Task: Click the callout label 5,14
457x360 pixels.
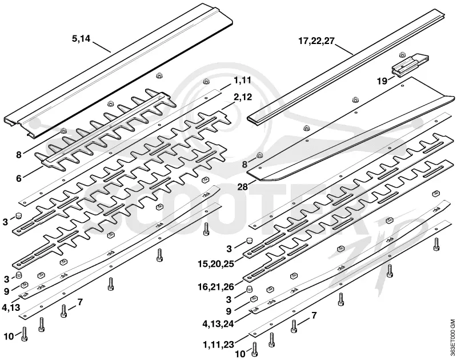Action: (81, 38)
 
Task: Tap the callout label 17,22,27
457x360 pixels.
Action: (316, 41)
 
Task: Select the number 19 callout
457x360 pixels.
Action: (382, 81)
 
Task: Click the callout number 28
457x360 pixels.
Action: (242, 186)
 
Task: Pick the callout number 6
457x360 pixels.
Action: (19, 178)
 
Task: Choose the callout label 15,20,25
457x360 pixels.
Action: (216, 265)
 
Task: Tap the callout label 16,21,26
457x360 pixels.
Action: (216, 287)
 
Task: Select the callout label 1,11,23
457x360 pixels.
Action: (219, 345)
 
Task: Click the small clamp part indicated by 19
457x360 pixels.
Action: (409, 66)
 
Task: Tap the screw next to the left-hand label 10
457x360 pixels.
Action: (24, 334)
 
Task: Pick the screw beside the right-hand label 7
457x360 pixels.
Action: (294, 326)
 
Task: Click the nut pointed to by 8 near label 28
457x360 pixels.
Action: (259, 155)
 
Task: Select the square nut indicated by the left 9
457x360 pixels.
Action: (24, 285)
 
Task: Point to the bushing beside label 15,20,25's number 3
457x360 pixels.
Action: (248, 241)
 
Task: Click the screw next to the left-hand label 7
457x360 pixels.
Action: (64, 311)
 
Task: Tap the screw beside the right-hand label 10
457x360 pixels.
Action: (255, 350)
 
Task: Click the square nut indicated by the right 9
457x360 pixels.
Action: (253, 298)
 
